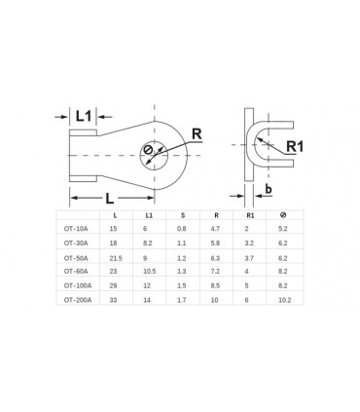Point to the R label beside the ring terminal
(x=198, y=133)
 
